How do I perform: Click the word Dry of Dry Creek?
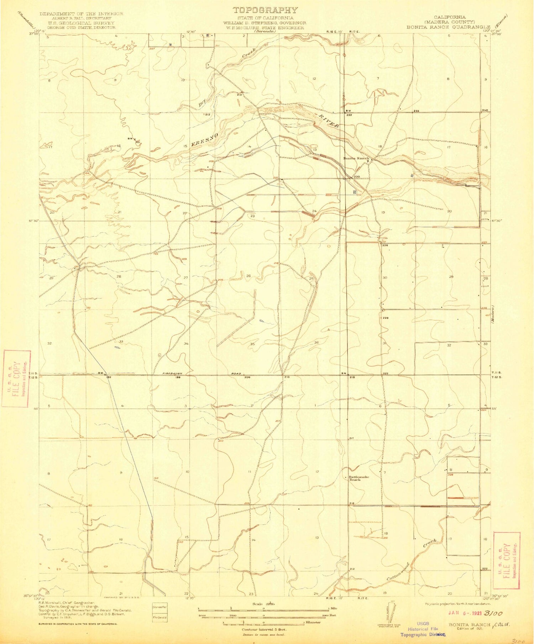pyautogui.click(x=203, y=102)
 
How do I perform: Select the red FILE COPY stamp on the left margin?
pyautogui.click(x=16, y=378)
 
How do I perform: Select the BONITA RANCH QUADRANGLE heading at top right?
pyautogui.click(x=458, y=27)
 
